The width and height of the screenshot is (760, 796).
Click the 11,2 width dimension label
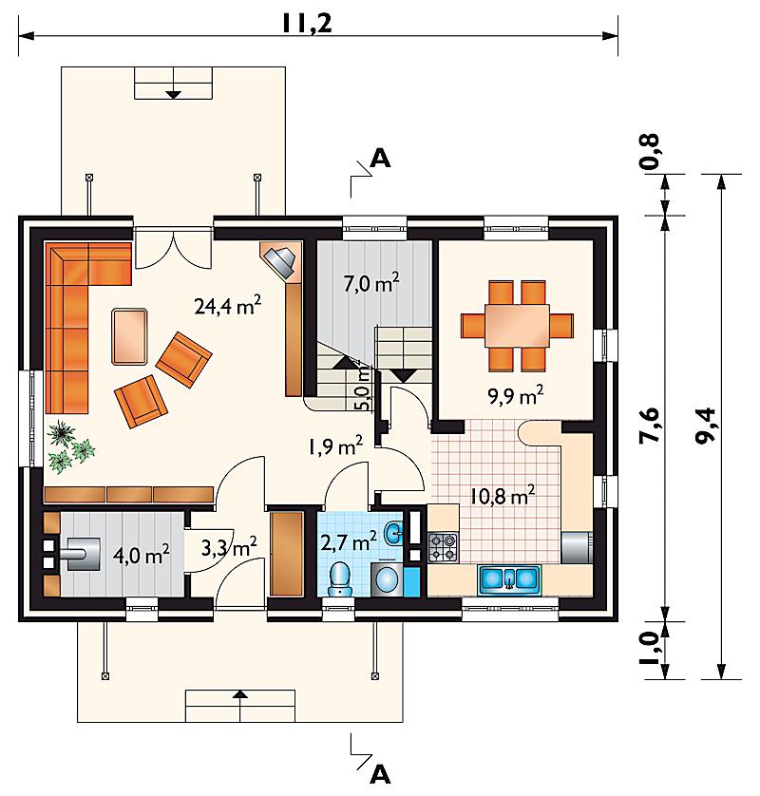coord(307,23)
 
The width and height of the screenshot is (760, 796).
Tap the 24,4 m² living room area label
coord(228,306)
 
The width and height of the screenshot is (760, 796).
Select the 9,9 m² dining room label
coord(516,395)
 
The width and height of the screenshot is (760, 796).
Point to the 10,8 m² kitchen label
coord(503,495)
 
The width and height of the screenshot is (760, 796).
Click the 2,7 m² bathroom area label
coord(349,541)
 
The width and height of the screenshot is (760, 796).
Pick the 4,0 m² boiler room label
coord(141,555)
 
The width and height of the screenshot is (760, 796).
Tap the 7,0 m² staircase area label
coord(371,283)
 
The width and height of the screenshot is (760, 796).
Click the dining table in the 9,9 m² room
coord(518,326)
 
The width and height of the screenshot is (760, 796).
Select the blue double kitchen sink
coord(508,578)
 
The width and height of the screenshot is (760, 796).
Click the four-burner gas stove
coord(443,547)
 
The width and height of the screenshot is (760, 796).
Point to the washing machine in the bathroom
coord(388,578)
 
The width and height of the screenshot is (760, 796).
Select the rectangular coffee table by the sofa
coord(129,336)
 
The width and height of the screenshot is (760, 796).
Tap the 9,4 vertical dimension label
coord(705,426)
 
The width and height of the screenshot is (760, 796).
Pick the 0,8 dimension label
coord(650,151)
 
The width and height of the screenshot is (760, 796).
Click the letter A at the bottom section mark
coord(380,775)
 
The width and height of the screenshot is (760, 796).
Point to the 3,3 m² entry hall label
coord(229,547)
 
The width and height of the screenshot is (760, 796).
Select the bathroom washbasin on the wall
coord(394,533)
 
